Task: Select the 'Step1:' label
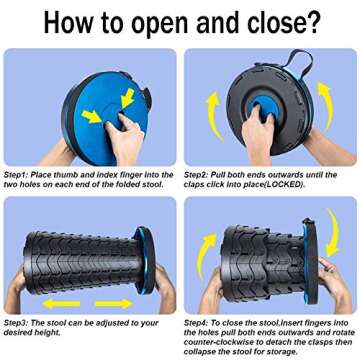pos(17,175)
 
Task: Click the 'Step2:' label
pos(197,175)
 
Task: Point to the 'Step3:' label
pos(17,323)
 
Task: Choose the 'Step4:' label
pos(197,323)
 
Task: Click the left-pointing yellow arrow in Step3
pos(62,303)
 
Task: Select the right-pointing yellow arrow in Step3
pos(114,303)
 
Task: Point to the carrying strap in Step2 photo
pos(301,63)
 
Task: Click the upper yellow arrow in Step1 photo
pos(128,98)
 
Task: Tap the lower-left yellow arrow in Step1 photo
pos(92,116)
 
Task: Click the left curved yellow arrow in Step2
pos(212,116)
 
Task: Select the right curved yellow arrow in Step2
pos(327,103)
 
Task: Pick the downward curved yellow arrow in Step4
pos(334,232)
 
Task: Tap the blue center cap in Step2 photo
pos(263,107)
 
